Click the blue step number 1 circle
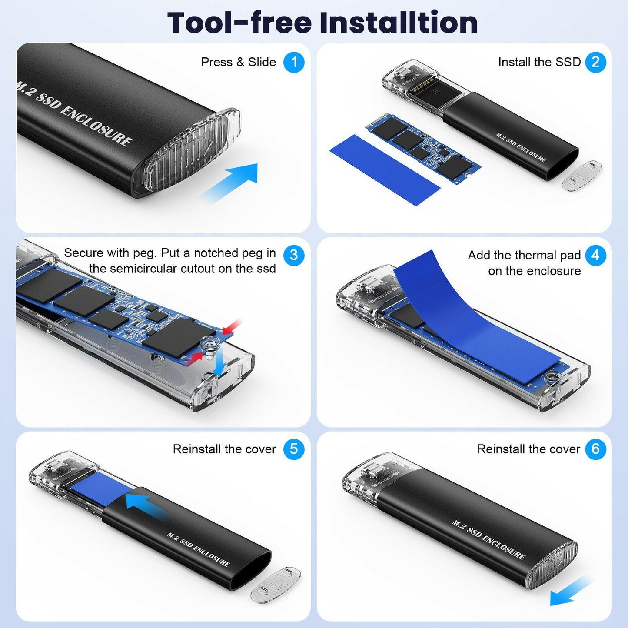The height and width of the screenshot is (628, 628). [x=294, y=62]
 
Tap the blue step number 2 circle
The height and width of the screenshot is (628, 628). [x=595, y=62]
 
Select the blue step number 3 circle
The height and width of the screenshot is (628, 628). [x=294, y=255]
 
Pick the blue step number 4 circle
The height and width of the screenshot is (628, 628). [x=595, y=255]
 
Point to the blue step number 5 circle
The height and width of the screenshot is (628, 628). [x=294, y=449]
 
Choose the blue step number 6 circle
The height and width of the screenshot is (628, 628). [x=595, y=449]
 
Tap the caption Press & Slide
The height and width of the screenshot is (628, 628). [x=238, y=62]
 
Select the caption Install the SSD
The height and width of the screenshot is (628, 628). [x=539, y=62]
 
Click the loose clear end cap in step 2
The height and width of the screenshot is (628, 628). [x=581, y=175]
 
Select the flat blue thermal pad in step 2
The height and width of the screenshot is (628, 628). [x=385, y=169]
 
